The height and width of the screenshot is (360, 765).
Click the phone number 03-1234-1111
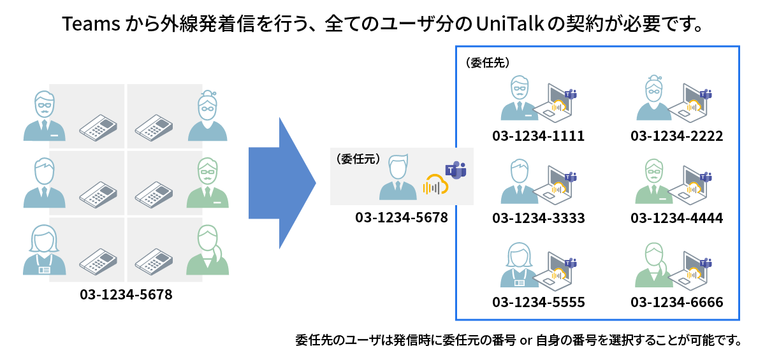point(538,136)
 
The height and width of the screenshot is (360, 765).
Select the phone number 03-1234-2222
point(676,136)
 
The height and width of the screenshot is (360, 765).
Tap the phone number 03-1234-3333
point(538,219)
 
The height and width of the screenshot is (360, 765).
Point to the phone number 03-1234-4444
point(676,219)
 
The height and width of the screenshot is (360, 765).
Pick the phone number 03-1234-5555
point(538,302)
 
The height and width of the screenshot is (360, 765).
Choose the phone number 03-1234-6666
point(676,302)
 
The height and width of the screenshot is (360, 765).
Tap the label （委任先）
point(487,63)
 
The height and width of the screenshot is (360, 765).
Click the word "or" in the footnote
point(527,340)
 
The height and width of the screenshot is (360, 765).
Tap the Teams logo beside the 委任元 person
point(455,169)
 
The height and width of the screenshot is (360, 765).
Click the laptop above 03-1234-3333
point(555,185)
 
